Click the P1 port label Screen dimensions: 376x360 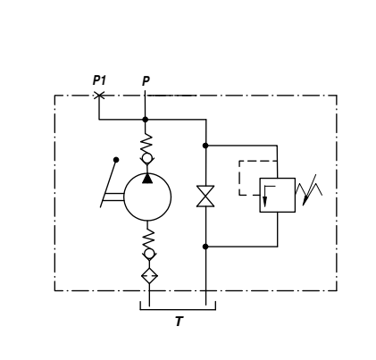99,80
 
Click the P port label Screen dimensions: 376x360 146,81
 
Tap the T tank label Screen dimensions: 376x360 179,322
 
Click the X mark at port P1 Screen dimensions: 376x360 99,96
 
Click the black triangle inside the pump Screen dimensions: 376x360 147,179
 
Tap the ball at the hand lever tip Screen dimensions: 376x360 116,160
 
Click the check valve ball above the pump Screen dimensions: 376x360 146,158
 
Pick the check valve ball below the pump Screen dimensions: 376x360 149,254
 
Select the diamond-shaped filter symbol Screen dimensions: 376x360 149,276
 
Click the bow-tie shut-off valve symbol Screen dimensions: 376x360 205,196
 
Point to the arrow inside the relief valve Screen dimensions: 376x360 265,196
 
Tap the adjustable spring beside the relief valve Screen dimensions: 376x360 309,190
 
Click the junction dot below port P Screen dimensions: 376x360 146,120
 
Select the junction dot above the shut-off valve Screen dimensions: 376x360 205,146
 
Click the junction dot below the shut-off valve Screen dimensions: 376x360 205,247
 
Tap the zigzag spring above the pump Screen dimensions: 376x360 146,144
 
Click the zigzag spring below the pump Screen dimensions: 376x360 148,239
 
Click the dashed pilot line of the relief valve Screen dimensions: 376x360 239,178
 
